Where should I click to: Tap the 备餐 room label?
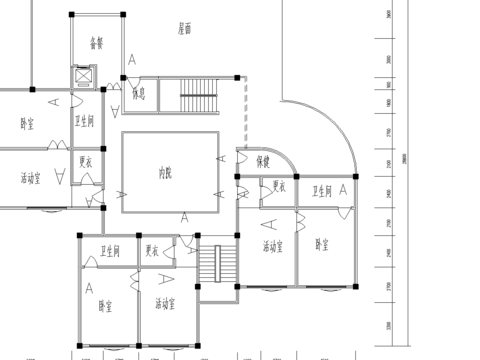[97, 43]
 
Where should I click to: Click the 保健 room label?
[262, 161]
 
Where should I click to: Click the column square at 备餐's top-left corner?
[71, 15]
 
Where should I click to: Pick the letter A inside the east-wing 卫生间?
[344, 187]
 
